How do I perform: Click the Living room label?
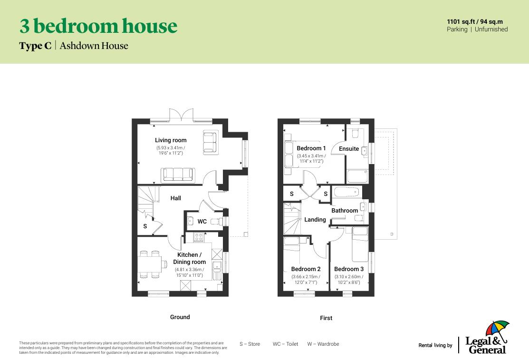tap(171, 140)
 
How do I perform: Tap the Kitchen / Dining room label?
tap(189, 258)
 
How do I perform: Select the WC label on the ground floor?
tap(202, 222)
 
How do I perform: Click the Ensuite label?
tap(349, 149)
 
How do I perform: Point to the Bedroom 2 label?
tap(306, 269)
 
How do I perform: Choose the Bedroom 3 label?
tap(349, 269)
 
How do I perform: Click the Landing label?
tap(315, 220)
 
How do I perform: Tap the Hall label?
tap(176, 198)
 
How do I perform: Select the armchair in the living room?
tap(209, 142)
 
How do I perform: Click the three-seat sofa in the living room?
tap(177, 175)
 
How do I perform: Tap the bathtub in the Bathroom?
tap(346, 193)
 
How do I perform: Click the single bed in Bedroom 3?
tap(360, 244)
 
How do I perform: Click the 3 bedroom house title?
tap(98, 26)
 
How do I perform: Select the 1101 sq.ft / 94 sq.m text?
tap(474, 21)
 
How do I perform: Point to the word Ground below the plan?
tap(180, 317)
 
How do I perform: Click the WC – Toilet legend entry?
tap(285, 344)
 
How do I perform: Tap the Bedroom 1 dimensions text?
tap(311, 158)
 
